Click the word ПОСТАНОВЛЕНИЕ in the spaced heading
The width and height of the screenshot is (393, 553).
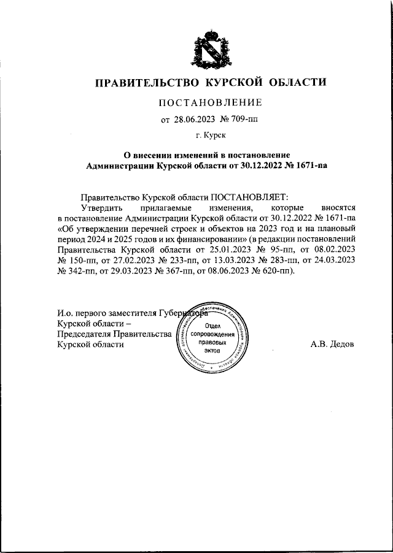(x=209, y=102)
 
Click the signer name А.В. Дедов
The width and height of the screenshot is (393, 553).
(x=332, y=345)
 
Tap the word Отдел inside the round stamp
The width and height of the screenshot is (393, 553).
(x=212, y=326)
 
